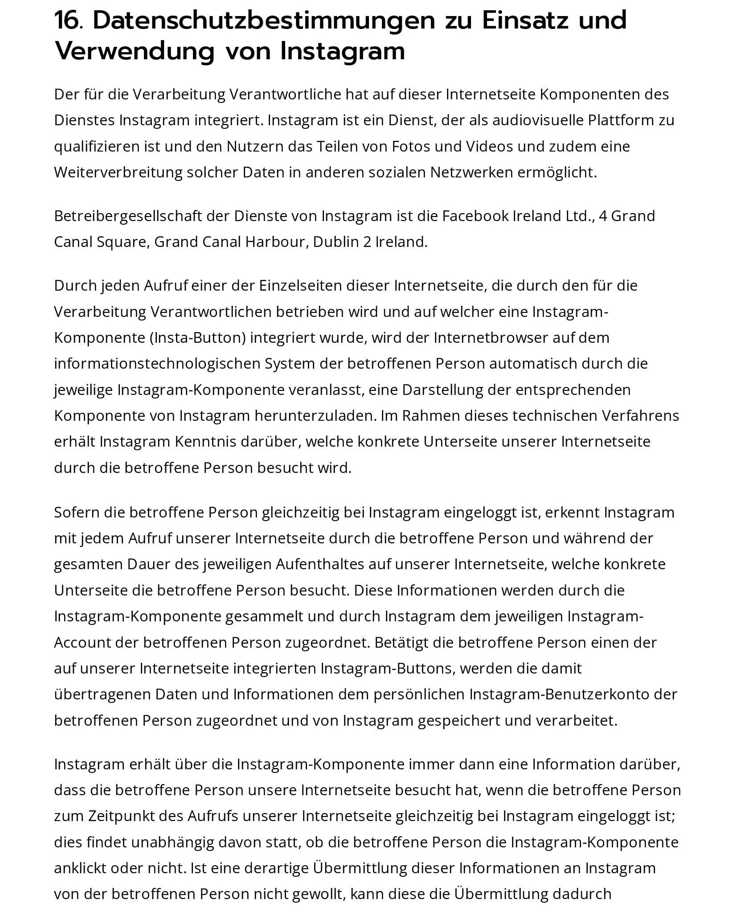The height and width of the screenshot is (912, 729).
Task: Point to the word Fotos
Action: [x=411, y=146]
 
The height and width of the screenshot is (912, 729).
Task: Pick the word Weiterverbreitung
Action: [x=118, y=173]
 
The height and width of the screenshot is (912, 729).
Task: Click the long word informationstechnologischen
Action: [x=157, y=364]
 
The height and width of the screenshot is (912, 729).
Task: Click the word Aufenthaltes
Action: [x=320, y=565]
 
